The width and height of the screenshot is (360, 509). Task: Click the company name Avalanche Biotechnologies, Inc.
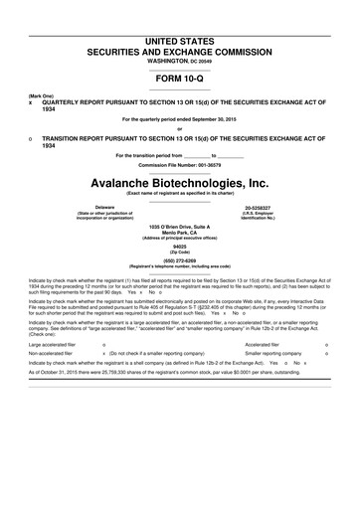[x=180, y=184]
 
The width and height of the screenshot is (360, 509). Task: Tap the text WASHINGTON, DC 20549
[x=180, y=60]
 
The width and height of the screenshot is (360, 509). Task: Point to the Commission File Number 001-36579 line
[x=180, y=164]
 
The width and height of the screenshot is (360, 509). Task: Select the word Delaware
[x=77, y=207]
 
